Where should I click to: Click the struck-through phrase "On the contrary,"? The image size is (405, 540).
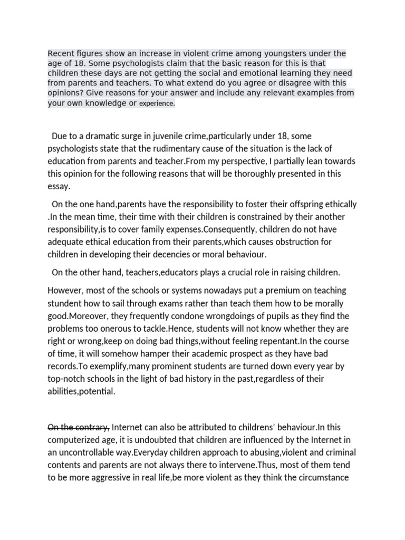point(79,427)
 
